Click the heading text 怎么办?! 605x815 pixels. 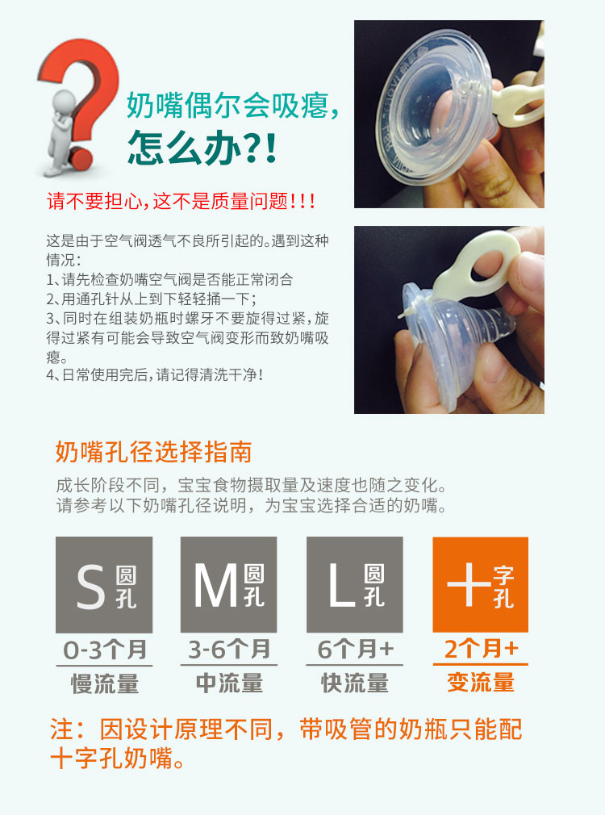202,148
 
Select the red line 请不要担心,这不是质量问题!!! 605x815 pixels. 181,201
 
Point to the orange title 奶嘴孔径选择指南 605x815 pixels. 154,452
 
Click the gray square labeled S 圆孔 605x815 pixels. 104,585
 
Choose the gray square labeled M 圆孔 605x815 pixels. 229,585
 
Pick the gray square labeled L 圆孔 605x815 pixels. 354,585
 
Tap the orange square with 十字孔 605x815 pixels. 480,585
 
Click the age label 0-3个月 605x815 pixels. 105,650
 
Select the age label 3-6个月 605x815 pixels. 229,650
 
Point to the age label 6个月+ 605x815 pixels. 356,650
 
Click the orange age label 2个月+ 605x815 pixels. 481,649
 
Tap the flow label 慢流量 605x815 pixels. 105,683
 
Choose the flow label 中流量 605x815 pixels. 229,683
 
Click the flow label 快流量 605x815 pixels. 355,683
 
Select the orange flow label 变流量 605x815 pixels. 481,683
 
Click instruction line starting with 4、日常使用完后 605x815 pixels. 154,374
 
